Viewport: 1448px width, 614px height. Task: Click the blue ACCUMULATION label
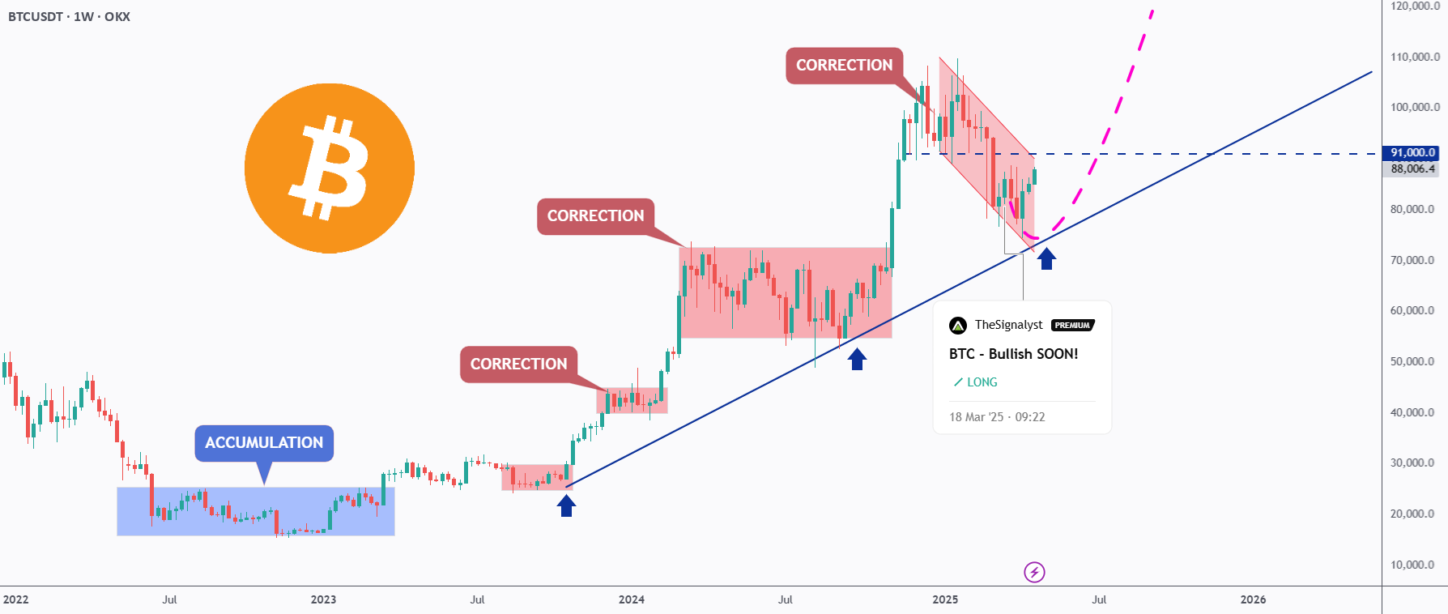[264, 443]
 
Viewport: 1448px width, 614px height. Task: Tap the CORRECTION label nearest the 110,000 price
[844, 66]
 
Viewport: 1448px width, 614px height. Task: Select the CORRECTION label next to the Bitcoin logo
[596, 216]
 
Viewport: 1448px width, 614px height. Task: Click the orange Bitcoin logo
[330, 168]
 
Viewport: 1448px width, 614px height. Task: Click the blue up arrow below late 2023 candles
[567, 505]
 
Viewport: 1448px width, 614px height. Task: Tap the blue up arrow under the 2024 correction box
[857, 359]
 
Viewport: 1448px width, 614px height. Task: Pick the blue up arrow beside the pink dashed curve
[1047, 258]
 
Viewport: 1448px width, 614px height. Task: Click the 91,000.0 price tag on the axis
[1412, 152]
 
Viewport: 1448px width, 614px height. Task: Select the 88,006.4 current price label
[1412, 168]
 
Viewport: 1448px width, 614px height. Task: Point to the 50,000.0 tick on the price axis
[1412, 361]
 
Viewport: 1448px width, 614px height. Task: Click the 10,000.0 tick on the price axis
[1412, 565]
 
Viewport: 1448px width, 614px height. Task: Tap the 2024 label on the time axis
[632, 599]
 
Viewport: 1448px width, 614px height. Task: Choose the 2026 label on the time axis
[1253, 599]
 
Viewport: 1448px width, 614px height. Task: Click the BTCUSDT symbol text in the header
[36, 16]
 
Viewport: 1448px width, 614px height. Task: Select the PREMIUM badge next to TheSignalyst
[1073, 326]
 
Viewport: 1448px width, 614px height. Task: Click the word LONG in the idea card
[982, 382]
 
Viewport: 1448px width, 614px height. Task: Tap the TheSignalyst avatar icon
[958, 326]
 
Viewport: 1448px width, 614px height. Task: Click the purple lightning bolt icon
[1034, 573]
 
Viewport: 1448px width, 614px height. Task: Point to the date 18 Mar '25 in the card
[977, 417]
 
